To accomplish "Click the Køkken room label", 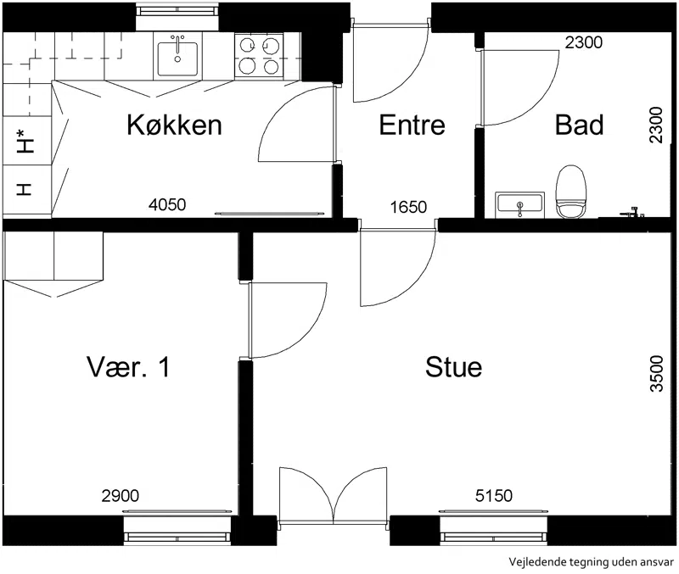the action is coord(174,125).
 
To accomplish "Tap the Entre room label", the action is coord(412,125).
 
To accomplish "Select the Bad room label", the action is coord(579,125).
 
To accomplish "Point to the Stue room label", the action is coord(453,367).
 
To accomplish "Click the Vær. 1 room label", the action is coord(129,367).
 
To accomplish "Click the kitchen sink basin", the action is coord(177,59).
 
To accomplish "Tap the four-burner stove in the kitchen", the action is coord(260,57).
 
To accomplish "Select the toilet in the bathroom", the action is coord(570,192).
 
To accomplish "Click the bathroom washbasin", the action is coord(519,204).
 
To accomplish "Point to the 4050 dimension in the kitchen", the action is coord(167,204).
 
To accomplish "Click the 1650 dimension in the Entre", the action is coord(408,207).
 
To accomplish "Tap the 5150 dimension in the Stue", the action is coord(494,495).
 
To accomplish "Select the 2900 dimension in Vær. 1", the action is coord(121,495).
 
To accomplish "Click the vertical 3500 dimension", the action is coord(657,374).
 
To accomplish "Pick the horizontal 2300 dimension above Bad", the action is coord(584,42).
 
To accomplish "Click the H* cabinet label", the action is coord(25,141).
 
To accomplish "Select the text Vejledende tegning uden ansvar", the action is coord(591,562).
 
